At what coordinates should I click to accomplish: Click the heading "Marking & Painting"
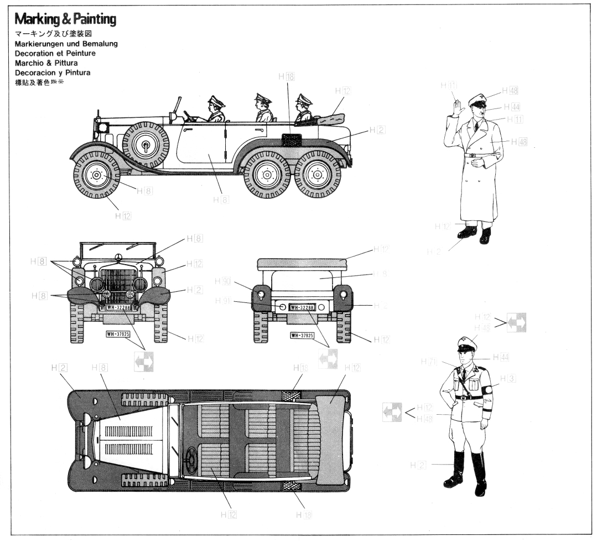(x=65, y=20)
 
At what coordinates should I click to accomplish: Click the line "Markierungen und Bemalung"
(x=66, y=44)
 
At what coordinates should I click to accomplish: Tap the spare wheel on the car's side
(x=146, y=145)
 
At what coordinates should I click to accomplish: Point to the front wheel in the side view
(x=97, y=176)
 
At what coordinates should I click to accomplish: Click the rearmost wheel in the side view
(x=318, y=176)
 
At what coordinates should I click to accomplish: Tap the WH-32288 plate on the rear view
(x=303, y=307)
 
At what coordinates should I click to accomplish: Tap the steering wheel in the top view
(x=191, y=457)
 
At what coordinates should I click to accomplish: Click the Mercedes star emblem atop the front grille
(x=118, y=256)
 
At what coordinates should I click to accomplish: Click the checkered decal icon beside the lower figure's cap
(x=516, y=322)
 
